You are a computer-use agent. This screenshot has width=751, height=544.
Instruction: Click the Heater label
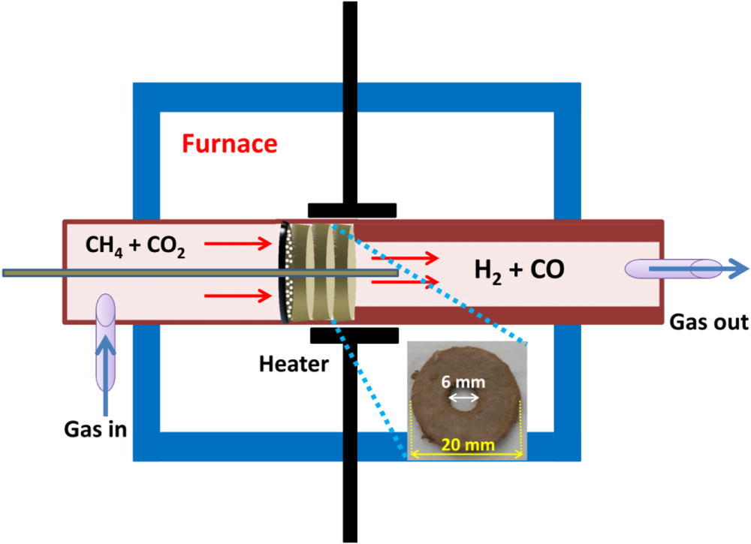[294, 365]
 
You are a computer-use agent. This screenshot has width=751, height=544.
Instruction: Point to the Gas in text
[95, 430]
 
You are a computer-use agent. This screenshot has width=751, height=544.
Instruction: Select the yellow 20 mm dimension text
[469, 445]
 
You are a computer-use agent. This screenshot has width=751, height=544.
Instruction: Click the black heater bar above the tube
[351, 209]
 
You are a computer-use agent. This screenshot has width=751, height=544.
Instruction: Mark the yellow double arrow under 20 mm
[466, 455]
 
